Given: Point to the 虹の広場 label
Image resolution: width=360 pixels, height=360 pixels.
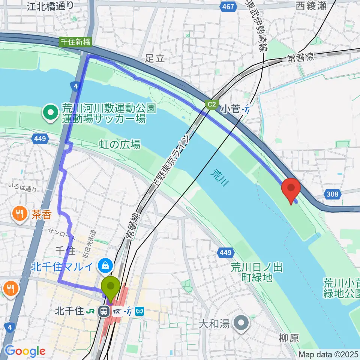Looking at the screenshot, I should click(x=120, y=144).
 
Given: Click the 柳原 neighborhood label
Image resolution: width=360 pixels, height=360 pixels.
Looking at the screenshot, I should click(x=289, y=338).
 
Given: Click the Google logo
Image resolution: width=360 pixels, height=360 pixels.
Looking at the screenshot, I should click(x=25, y=351).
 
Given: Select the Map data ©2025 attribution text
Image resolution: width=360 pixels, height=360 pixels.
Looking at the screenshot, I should click(x=328, y=354).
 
